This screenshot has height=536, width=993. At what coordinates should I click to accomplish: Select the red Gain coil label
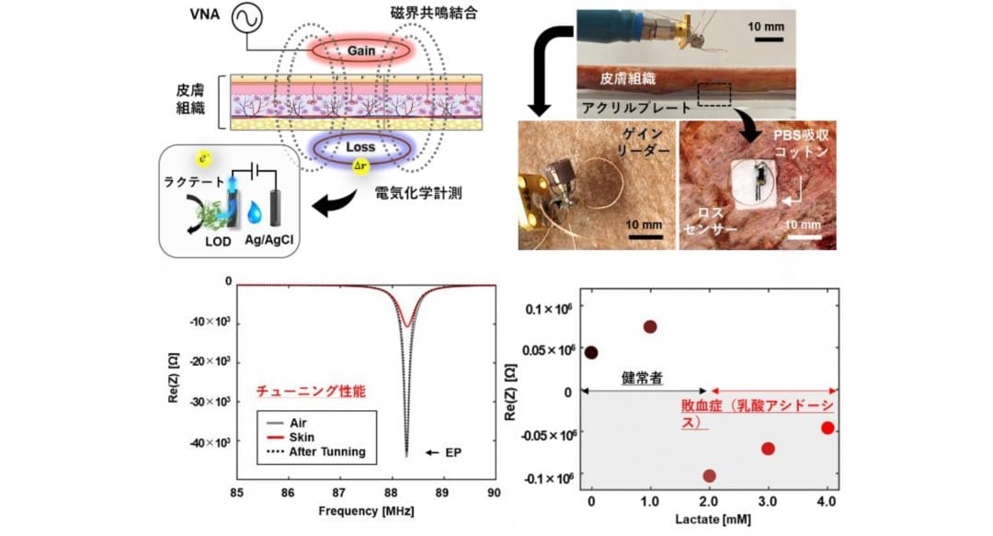[x=361, y=51]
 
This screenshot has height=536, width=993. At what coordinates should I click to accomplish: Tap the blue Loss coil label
[x=360, y=147]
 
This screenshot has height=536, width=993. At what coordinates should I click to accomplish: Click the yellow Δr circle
[x=361, y=166]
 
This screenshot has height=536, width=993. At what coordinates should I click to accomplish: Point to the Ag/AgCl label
[x=269, y=241]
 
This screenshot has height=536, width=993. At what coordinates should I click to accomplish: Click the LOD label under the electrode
[x=218, y=242]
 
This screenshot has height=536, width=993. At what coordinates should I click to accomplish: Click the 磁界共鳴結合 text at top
[x=434, y=13]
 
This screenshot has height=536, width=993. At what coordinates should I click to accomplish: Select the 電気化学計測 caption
[x=418, y=193]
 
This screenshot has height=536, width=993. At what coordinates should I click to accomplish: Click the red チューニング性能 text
[x=311, y=391]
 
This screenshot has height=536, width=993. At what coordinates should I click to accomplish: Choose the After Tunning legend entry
[x=316, y=451]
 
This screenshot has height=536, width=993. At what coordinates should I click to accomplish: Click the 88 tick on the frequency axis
[x=391, y=493]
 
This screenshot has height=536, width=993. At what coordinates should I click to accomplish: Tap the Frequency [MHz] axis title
[x=366, y=511]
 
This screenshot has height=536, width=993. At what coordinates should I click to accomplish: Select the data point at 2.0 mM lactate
[x=709, y=476]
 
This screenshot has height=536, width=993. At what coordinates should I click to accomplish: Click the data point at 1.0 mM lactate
[x=650, y=327]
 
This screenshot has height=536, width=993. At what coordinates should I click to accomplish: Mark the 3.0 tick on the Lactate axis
[x=768, y=502]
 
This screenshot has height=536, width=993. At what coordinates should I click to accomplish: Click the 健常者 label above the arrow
[x=642, y=378]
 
